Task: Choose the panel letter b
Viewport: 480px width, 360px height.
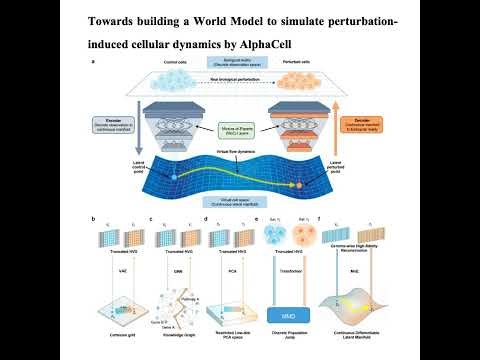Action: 93,219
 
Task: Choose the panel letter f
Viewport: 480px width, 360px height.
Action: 319,219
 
